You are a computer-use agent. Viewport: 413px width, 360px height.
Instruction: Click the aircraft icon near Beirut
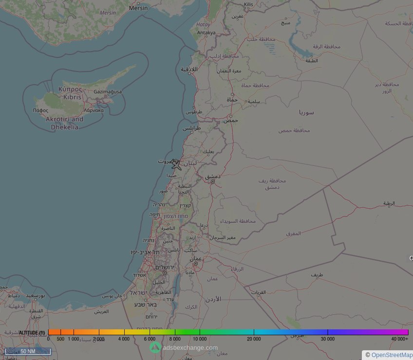point(176,164)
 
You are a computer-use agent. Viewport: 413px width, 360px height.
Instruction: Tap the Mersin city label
point(138,8)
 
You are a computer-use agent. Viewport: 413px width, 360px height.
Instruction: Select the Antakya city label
point(206,33)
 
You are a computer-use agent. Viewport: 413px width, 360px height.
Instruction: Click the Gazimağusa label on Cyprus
point(108,91)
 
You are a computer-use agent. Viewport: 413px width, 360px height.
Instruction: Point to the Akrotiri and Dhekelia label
point(64,123)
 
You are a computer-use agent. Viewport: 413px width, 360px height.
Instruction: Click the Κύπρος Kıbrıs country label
point(69,93)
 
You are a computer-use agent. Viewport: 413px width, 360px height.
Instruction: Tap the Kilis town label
point(248,4)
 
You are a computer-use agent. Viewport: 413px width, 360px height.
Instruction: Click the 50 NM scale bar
point(28,351)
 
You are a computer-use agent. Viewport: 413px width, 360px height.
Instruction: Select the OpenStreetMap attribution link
point(392,355)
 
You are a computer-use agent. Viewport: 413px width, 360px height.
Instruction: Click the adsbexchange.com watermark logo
point(155,347)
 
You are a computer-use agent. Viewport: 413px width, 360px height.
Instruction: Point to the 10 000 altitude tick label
point(200,339)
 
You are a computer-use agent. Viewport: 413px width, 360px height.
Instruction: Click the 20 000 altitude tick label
point(254,339)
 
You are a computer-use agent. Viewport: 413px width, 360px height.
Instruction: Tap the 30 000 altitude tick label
point(327,339)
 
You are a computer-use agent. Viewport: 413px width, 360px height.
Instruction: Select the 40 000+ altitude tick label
point(400,339)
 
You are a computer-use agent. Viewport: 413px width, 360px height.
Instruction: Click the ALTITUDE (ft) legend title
point(32,333)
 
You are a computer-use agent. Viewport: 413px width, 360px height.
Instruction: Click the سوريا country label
point(306,112)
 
